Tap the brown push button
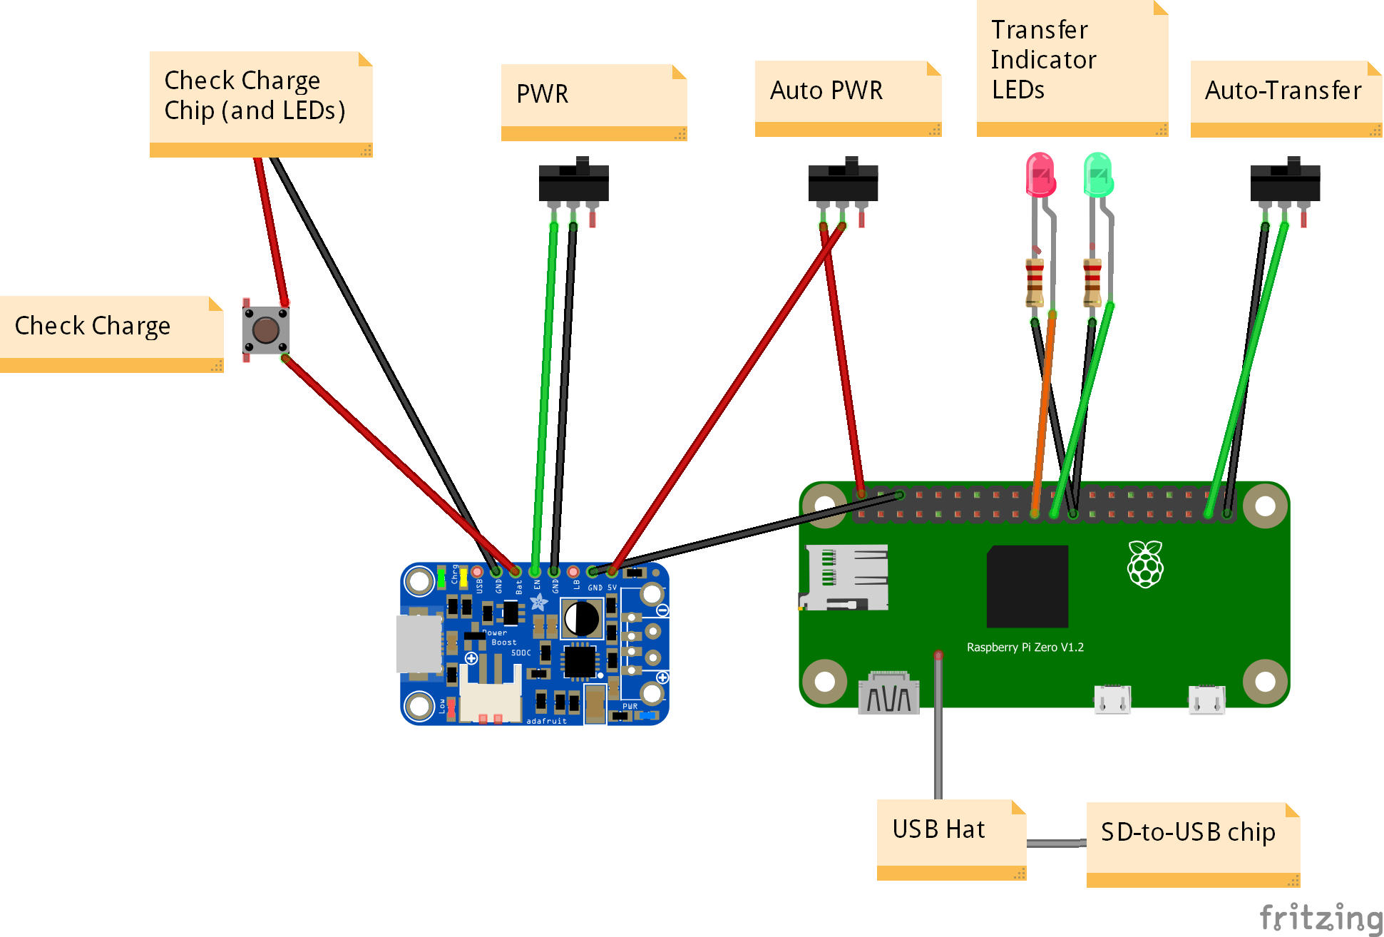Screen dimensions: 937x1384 (x=266, y=330)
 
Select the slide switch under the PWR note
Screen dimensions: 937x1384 (x=573, y=183)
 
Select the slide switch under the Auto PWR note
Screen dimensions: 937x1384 (x=843, y=183)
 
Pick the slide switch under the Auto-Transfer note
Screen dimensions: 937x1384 (x=1285, y=183)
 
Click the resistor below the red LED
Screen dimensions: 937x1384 (x=1035, y=282)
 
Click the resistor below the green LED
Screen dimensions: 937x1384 (x=1092, y=282)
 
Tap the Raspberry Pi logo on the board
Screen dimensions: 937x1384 (x=1145, y=564)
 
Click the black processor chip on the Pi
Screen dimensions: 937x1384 (x=1027, y=586)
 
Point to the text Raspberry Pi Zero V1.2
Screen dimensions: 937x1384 (x=1025, y=647)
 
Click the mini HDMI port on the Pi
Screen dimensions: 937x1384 (x=889, y=693)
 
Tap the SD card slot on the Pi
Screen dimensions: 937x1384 (x=846, y=578)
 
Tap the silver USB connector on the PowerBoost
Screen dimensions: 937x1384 (x=419, y=644)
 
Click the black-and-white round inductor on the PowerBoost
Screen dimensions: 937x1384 (x=582, y=618)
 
